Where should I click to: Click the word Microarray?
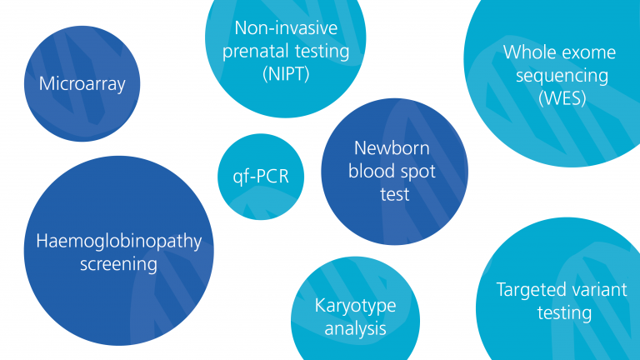(x=82, y=84)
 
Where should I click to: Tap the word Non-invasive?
(x=286, y=28)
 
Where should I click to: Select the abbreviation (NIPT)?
(x=286, y=74)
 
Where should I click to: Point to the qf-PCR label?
(x=261, y=177)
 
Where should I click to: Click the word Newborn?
(x=392, y=147)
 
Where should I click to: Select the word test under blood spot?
(x=395, y=194)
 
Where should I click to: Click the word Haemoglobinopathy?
(x=119, y=241)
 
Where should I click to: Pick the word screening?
(x=119, y=264)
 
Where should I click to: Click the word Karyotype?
(x=355, y=306)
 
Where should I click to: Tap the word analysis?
(x=355, y=328)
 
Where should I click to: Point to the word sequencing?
(x=562, y=76)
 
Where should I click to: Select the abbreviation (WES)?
(x=562, y=98)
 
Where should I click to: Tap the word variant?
(x=592, y=290)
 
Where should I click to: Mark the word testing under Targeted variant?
(x=564, y=313)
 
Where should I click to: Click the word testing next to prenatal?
(x=322, y=52)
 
